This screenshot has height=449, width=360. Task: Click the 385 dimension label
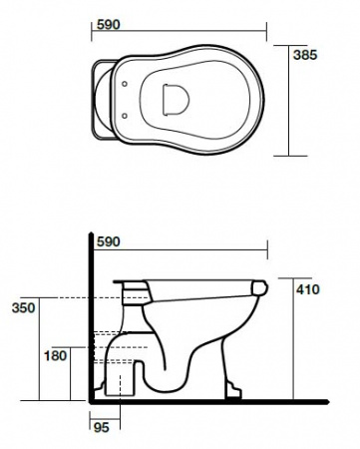pyautogui.click(x=305, y=55)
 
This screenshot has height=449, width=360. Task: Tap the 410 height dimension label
pyautogui.click(x=308, y=289)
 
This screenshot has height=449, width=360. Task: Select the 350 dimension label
pyautogui.click(x=23, y=308)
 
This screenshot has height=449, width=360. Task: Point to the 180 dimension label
pyautogui.click(x=56, y=356)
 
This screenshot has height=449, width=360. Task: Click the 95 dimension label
pyautogui.click(x=102, y=427)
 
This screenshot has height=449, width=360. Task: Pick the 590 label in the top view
pyautogui.click(x=108, y=25)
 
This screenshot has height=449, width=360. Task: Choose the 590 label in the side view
pyautogui.click(x=108, y=241)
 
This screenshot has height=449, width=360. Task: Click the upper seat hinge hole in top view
pyautogui.click(x=125, y=84)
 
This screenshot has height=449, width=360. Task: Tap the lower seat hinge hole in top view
pyautogui.click(x=125, y=116)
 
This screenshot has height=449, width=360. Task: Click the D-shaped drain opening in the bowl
pyautogui.click(x=176, y=100)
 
